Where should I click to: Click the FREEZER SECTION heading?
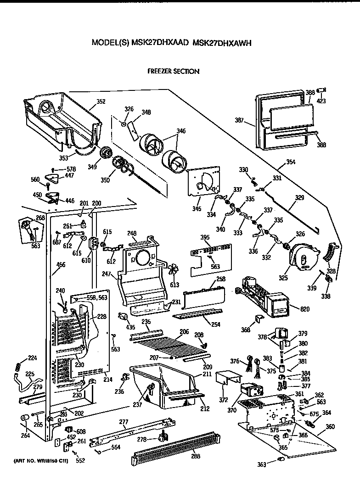(173, 71)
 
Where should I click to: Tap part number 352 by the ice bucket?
(101, 101)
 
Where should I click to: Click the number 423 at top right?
(321, 101)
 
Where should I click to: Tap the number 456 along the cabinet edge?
(61, 264)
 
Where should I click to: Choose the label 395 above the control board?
(205, 237)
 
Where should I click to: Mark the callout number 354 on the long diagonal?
(291, 162)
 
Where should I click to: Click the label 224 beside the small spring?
(32, 358)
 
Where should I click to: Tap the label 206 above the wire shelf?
(184, 331)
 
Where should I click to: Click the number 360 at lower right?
(330, 426)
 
